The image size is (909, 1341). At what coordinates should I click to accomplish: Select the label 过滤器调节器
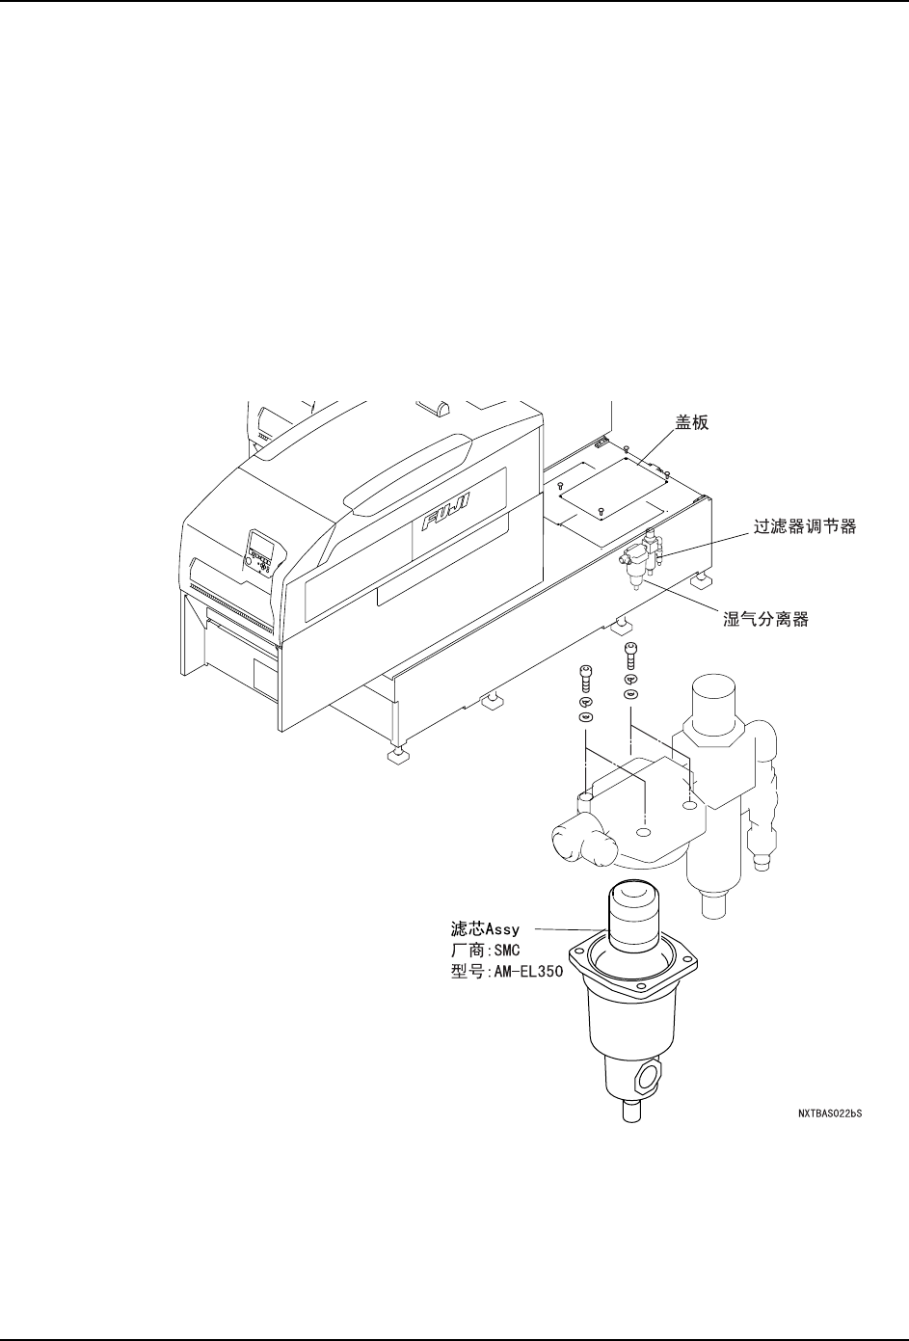click(804, 527)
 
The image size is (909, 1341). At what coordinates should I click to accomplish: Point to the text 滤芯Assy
click(486, 929)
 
